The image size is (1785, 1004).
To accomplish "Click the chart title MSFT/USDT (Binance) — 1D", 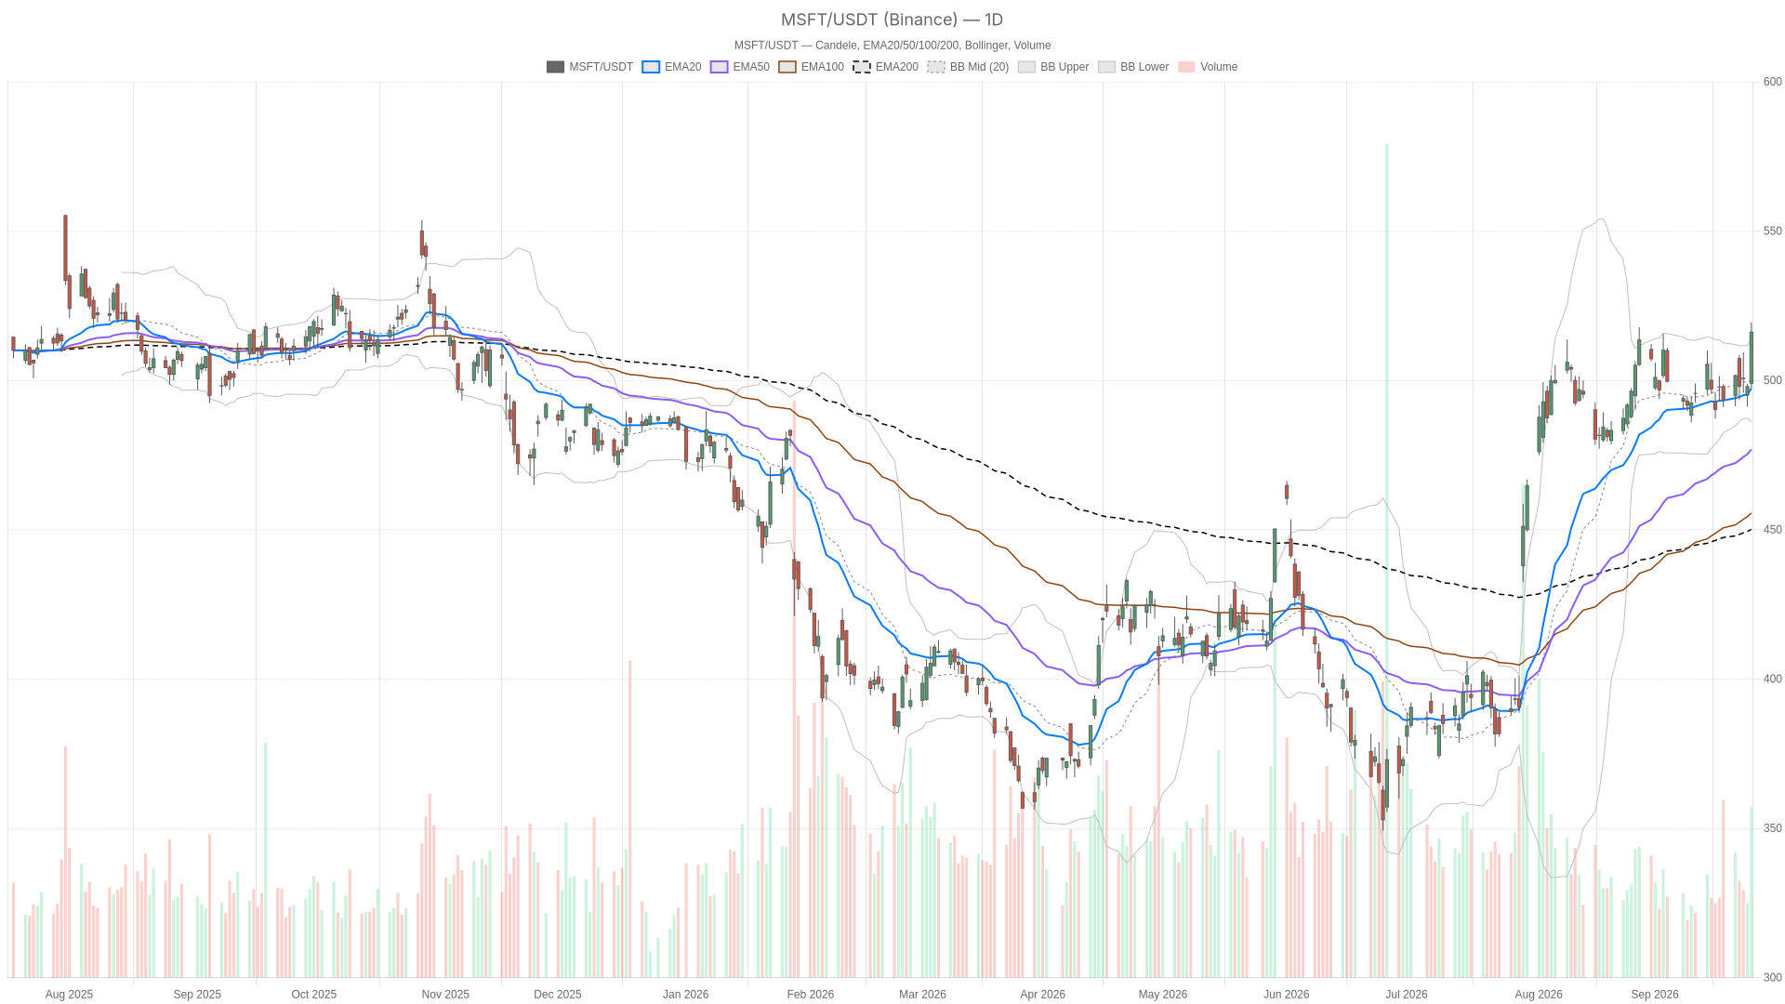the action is (892, 20).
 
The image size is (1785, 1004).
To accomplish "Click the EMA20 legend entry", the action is (671, 67).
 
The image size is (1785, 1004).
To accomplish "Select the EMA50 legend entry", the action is (740, 67).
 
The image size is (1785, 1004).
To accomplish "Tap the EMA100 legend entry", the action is (811, 67).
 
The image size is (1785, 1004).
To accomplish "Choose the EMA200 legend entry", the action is (885, 67).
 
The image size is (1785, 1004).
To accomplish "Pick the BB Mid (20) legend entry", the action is (968, 67).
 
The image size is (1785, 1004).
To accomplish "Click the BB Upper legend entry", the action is (1053, 67).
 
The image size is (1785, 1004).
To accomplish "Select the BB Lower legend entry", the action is (1133, 67).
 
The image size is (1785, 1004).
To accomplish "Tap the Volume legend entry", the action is (1208, 67).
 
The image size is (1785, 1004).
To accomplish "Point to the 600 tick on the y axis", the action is (1773, 82).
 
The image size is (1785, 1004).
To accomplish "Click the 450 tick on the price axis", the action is (1773, 530).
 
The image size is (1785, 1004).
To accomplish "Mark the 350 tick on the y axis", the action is (1773, 828).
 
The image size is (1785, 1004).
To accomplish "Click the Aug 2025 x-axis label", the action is (69, 994).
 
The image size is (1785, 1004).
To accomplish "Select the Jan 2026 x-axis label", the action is (685, 994).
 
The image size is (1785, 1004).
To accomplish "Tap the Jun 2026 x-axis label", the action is (1286, 994).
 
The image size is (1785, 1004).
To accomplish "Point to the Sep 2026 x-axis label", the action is (1655, 994).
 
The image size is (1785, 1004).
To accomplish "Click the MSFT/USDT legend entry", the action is (589, 67).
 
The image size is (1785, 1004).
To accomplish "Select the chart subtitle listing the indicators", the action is (892, 46).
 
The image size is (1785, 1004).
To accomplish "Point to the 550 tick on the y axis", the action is (1773, 231).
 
